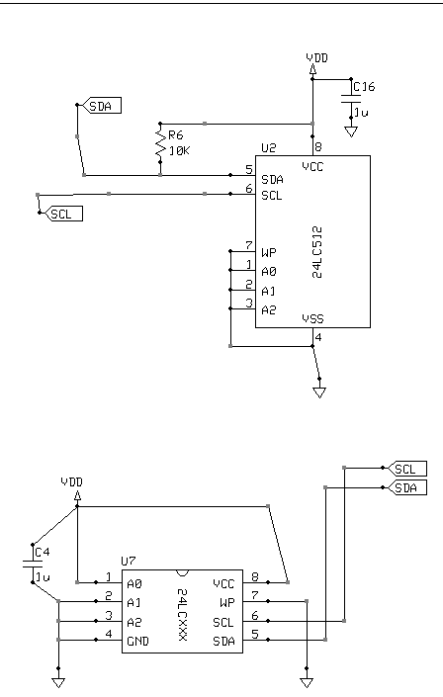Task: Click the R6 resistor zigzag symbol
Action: click(160, 143)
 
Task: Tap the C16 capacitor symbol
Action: click(351, 98)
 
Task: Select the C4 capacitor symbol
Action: click(32, 565)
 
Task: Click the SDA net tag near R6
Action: click(102, 106)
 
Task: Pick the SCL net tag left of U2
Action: click(63, 214)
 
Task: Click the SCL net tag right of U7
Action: click(407, 469)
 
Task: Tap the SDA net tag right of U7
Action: click(407, 487)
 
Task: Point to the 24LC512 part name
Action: click(317, 252)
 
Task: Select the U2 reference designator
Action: click(268, 148)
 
